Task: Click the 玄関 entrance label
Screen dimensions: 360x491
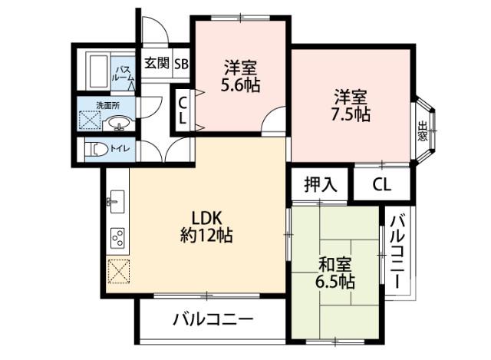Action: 157,63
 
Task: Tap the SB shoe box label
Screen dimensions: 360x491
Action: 181,63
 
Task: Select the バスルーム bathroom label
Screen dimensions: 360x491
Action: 124,72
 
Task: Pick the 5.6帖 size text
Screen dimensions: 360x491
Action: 240,84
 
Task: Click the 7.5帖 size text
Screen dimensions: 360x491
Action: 351,115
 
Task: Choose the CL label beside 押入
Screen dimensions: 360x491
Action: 382,185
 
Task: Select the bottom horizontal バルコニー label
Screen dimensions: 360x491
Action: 213,319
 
